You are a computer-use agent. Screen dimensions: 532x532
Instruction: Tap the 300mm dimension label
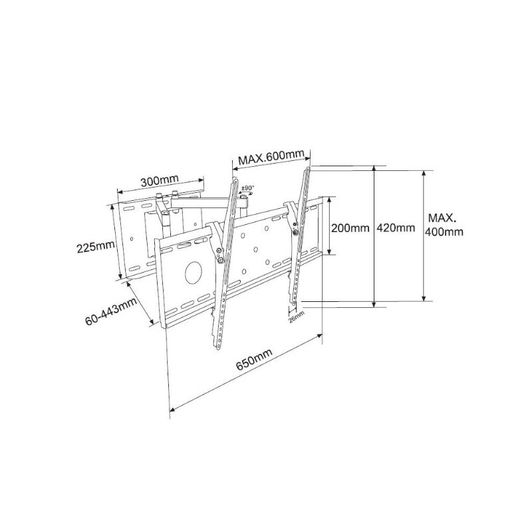(160, 180)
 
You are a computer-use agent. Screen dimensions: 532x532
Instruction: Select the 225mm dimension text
(96, 247)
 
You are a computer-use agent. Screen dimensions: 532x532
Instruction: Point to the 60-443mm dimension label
(111, 311)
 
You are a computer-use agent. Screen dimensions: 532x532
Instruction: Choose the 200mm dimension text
(350, 227)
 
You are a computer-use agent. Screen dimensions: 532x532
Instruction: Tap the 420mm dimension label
(396, 227)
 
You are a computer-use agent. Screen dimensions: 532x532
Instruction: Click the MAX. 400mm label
(444, 224)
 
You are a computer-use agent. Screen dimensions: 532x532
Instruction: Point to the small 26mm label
(297, 317)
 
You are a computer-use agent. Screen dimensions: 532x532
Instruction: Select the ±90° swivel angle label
(247, 188)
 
